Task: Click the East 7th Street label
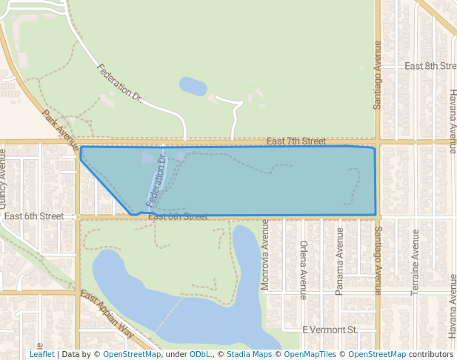[296, 141]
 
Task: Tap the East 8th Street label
[430, 66]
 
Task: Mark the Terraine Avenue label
[415, 262]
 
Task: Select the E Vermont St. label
[330, 329]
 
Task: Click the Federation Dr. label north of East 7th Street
[119, 81]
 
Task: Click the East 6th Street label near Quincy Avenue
[34, 216]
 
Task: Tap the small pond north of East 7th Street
[193, 86]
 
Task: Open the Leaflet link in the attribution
[41, 354]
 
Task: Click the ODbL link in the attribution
[200, 354]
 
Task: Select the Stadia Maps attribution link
[249, 354]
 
